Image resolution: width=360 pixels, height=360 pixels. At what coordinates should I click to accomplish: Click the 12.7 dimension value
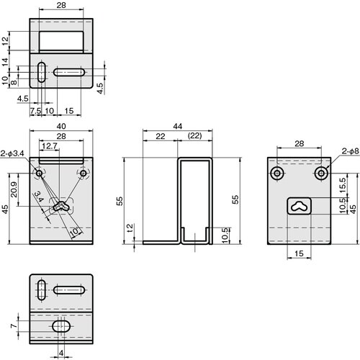tap(49, 146)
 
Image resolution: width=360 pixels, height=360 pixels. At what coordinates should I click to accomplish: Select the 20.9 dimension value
tap(15, 189)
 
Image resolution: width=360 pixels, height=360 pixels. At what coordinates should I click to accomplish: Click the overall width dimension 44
tap(177, 127)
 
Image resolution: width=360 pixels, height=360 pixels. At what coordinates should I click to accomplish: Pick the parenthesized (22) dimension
tap(194, 136)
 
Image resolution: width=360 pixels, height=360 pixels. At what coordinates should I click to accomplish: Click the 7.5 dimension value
tap(35, 111)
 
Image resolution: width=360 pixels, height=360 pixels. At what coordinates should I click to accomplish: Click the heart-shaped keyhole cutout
tap(300, 205)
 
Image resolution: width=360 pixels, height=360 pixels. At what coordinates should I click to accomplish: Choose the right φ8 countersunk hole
tap(320, 174)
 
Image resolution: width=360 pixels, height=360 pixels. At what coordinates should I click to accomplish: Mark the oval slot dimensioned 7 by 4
tap(61, 327)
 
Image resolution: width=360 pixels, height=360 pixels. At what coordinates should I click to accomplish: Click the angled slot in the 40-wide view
tap(60, 206)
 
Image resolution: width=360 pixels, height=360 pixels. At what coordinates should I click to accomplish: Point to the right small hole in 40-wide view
tap(84, 174)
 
